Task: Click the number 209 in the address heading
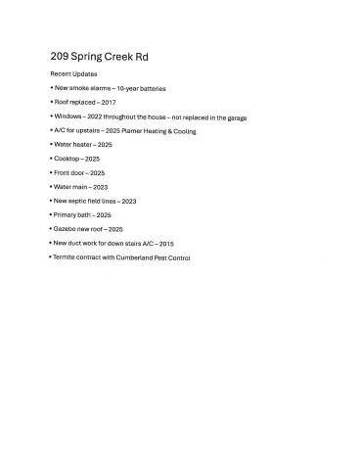pyautogui.click(x=58, y=57)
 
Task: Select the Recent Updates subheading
pyautogui.click(x=73, y=74)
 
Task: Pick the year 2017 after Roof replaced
pyautogui.click(x=109, y=102)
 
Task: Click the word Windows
pyautogui.click(x=68, y=116)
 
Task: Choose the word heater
pyautogui.click(x=82, y=144)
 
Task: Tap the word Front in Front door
pyautogui.click(x=63, y=172)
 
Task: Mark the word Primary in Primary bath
pyautogui.click(x=67, y=214)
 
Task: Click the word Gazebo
pyautogui.click(x=67, y=228)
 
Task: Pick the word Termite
pyautogui.click(x=67, y=256)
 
